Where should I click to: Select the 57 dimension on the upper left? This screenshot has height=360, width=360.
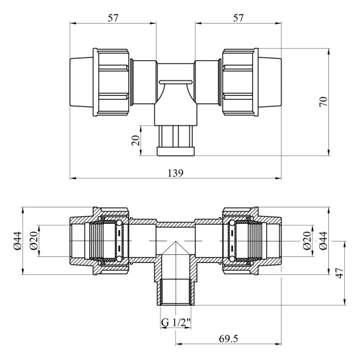pos(113,18)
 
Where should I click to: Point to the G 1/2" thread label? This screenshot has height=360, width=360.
pos(176,323)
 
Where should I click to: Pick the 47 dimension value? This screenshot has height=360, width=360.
pos(340,273)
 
